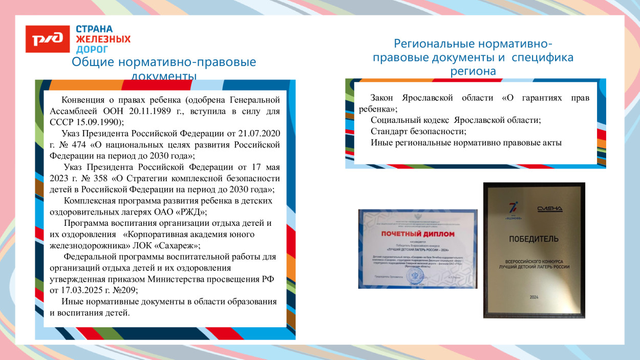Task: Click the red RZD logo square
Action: click(x=48, y=39)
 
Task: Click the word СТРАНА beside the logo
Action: click(x=94, y=29)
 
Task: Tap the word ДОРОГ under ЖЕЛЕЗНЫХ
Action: click(x=92, y=50)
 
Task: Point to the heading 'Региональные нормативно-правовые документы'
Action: click(x=473, y=57)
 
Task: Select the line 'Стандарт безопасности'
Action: click(x=418, y=131)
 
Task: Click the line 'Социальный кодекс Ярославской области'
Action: click(x=456, y=120)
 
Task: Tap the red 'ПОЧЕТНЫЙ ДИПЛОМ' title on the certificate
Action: click(x=417, y=234)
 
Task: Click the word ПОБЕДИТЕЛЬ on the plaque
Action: click(x=533, y=239)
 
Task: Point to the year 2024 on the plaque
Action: click(x=534, y=297)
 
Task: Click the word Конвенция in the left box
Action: click(x=83, y=99)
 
